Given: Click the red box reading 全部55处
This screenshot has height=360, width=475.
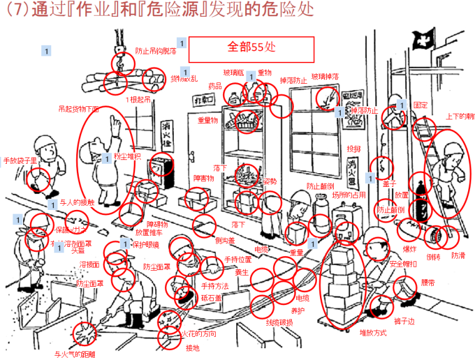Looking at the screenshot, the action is pos(252,47).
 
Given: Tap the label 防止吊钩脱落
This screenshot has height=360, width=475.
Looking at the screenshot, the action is pos(156,51).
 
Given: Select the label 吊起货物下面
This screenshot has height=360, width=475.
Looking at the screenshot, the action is pos(79,108).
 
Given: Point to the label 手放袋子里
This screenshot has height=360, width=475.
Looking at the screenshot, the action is pos(20,160).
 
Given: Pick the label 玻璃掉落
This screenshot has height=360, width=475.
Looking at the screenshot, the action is pos(325,76).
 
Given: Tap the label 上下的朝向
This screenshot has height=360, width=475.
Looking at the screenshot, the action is pos(460,116).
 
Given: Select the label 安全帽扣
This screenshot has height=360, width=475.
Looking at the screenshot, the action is pos(403,264).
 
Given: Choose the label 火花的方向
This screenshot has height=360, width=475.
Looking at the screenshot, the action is pos(199,333).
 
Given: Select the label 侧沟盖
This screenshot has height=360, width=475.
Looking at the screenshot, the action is pos(224,240).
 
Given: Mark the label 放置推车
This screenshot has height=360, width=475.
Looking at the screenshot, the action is pos(148,232).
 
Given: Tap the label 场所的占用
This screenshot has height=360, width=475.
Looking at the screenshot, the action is pos(348,195).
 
